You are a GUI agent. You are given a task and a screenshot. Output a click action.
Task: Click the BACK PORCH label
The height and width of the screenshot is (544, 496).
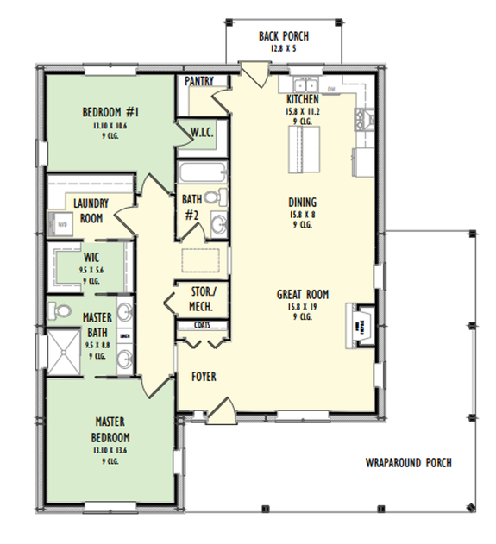(x=283, y=36)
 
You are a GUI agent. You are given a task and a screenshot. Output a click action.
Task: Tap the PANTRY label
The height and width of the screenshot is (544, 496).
(x=200, y=81)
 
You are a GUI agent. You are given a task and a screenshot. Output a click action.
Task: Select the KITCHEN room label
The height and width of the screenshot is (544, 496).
(x=303, y=100)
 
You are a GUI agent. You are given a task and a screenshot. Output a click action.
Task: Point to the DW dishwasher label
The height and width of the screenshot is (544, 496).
(x=331, y=87)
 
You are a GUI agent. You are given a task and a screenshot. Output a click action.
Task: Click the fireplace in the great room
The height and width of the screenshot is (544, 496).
(x=361, y=326)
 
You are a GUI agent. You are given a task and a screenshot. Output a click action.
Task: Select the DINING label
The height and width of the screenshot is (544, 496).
(x=302, y=203)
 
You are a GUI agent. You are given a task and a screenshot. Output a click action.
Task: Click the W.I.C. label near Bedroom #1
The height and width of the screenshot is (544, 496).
(x=202, y=132)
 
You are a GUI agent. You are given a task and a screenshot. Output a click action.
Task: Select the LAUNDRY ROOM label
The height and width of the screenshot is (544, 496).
(x=89, y=211)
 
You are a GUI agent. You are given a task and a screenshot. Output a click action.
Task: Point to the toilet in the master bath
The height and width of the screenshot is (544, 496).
(x=60, y=310)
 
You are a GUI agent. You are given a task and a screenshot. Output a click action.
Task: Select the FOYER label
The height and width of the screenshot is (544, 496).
(x=204, y=377)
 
